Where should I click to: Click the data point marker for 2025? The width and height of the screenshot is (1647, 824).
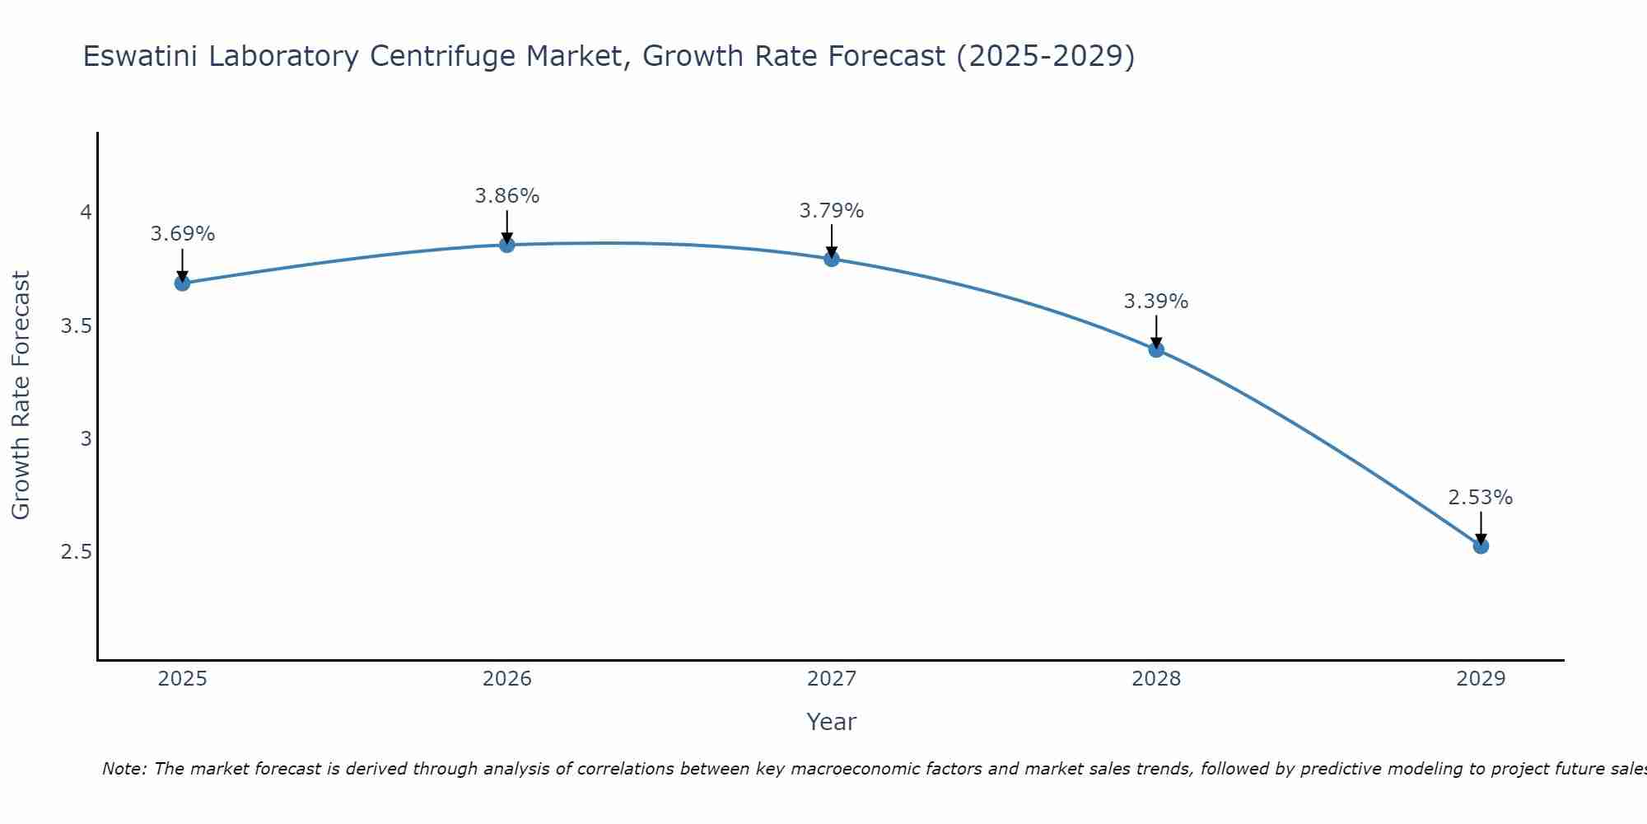click(182, 283)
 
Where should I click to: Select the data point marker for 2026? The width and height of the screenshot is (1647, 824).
click(506, 245)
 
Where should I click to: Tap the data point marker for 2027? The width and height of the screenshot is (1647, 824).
click(831, 259)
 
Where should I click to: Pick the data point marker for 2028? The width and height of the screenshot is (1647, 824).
click(1156, 349)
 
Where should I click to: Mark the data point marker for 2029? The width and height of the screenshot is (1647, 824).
click(1481, 545)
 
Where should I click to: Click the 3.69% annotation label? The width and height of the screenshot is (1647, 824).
click(182, 234)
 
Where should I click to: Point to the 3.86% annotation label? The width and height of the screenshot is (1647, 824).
click(506, 196)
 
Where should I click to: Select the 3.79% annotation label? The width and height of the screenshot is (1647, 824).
click(831, 211)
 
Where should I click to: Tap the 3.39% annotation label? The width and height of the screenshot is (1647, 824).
click(1156, 302)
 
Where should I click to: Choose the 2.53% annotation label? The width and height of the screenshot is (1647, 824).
click(1481, 498)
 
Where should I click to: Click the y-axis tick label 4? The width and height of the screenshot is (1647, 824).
click(85, 213)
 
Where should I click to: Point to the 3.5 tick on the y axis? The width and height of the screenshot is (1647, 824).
click(76, 326)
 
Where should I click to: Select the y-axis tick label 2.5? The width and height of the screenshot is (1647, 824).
click(76, 551)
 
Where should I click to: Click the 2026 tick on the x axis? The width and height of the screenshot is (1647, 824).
click(506, 679)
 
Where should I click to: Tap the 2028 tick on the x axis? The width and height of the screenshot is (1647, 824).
click(1156, 679)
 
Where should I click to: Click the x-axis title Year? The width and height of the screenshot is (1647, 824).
click(831, 722)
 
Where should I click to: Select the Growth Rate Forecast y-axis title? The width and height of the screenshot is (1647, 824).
click(21, 396)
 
